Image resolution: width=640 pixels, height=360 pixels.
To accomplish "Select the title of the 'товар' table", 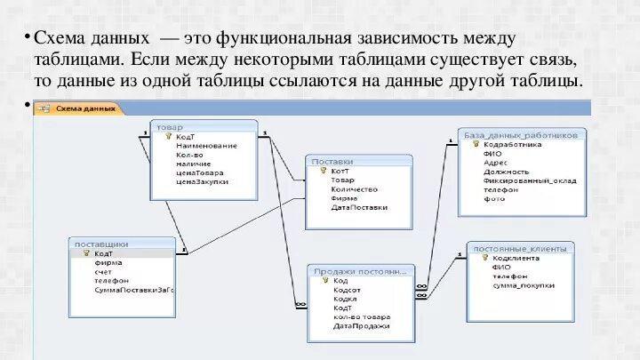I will coord(164,126).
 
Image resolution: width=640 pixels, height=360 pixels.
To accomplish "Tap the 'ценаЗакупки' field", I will coord(202,181).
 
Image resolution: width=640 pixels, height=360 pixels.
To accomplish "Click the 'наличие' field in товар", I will coord(193,164).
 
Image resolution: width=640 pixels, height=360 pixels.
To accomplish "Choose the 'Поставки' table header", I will coord(332,162).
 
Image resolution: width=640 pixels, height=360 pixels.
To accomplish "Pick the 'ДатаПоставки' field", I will coord(359,207).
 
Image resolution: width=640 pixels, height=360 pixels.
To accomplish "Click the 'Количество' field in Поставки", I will coord(354,188).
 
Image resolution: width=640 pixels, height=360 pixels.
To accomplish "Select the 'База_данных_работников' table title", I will coord(520,135).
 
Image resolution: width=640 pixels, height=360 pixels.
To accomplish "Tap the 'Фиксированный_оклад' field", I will coord(530,180).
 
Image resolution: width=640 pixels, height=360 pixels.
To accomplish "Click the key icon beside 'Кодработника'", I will coord(476,144).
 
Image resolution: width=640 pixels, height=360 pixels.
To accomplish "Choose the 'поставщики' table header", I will coord(101,243).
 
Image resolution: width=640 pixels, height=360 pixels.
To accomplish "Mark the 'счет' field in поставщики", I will coord(103,271).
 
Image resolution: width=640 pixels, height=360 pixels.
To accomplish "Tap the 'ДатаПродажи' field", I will coord(361,325).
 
